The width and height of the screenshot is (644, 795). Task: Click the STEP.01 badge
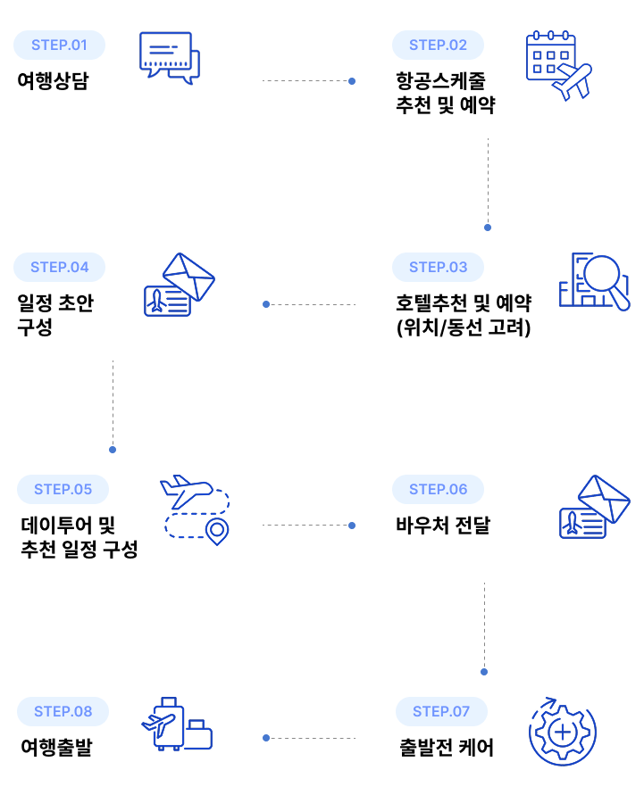tap(59, 45)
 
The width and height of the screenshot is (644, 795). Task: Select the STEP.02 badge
tap(438, 45)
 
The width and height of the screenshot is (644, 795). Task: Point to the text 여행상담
tap(54, 81)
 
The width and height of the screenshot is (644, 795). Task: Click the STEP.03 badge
tap(438, 267)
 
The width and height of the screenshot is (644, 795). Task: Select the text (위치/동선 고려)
tap(463, 327)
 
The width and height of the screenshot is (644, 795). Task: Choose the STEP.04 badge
tap(59, 267)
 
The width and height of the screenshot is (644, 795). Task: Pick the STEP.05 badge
tap(63, 489)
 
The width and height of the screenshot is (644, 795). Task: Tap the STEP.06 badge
tap(438, 489)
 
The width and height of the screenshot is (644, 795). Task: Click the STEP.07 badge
tap(441, 711)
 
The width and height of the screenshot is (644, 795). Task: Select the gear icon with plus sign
tap(563, 733)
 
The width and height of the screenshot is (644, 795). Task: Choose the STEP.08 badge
tap(63, 711)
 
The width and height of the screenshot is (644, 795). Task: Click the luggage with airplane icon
tap(177, 725)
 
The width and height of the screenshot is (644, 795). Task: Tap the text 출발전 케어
tap(447, 748)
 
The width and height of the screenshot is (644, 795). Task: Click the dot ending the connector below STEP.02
tap(488, 228)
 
